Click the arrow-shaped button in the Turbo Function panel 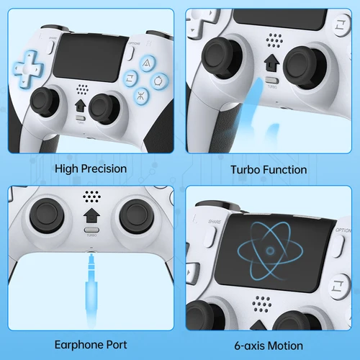click(x=271, y=63)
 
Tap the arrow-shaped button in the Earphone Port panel click(x=91, y=216)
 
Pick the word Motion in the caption click(x=284, y=346)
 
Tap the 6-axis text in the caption click(x=246, y=346)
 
